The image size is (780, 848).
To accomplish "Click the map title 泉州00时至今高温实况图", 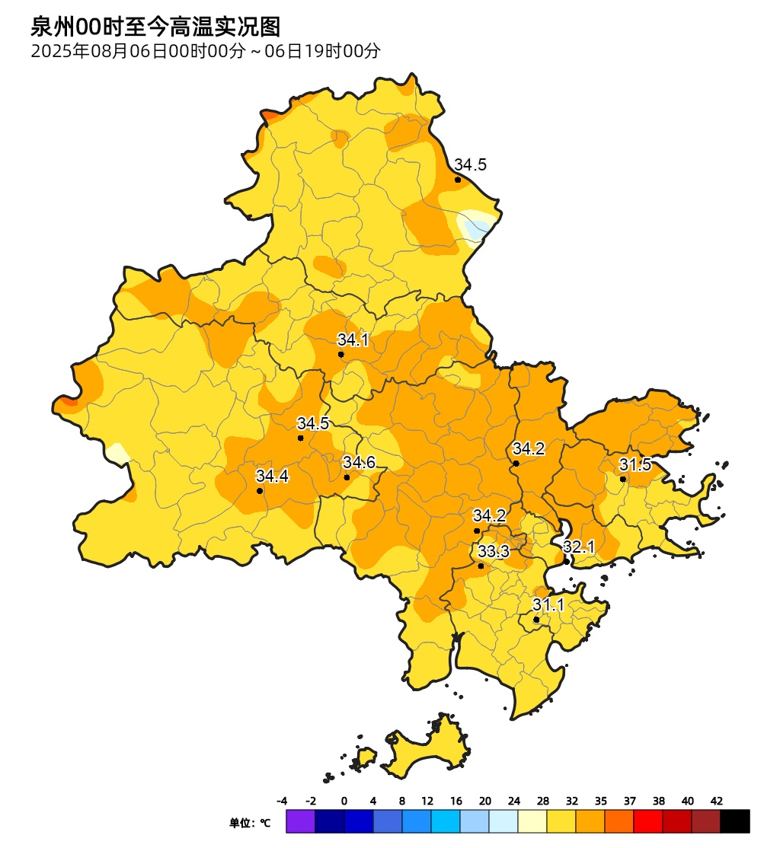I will [x=155, y=27].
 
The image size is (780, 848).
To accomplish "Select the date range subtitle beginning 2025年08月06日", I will [x=205, y=52].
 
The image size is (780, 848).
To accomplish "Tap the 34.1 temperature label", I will [x=353, y=340].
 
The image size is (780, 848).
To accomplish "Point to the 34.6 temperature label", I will [x=359, y=463].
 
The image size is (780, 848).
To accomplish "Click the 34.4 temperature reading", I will [x=272, y=477].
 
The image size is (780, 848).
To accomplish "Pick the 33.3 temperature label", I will [x=494, y=551].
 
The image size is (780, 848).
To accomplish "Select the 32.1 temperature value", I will [x=579, y=547].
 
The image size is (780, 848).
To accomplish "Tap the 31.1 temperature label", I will [x=548, y=605].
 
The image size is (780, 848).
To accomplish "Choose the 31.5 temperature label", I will [x=635, y=464].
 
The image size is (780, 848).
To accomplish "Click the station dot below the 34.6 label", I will [x=347, y=477].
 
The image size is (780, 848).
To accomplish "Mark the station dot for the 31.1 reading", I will [x=536, y=620].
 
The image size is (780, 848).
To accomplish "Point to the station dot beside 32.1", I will [x=567, y=562].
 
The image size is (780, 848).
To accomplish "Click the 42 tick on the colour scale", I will [x=717, y=801].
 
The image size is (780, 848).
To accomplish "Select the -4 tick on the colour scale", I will [x=282, y=801].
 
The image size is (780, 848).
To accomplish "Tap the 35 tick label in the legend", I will [x=601, y=801].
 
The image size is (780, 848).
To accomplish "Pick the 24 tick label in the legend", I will [x=514, y=801].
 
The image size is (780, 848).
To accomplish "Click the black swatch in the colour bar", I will [x=735, y=821].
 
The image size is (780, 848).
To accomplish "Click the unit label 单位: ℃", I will [x=250, y=823].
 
